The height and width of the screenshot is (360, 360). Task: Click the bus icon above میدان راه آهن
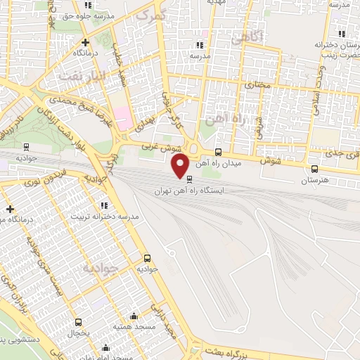[218, 151]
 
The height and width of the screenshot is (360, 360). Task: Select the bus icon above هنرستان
[314, 169]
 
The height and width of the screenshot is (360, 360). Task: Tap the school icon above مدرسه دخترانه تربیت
[104, 205]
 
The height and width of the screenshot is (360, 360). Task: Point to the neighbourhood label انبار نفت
[83, 73]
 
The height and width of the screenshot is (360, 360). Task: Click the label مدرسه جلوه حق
[87, 18]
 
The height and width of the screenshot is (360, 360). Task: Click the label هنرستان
[314, 181]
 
